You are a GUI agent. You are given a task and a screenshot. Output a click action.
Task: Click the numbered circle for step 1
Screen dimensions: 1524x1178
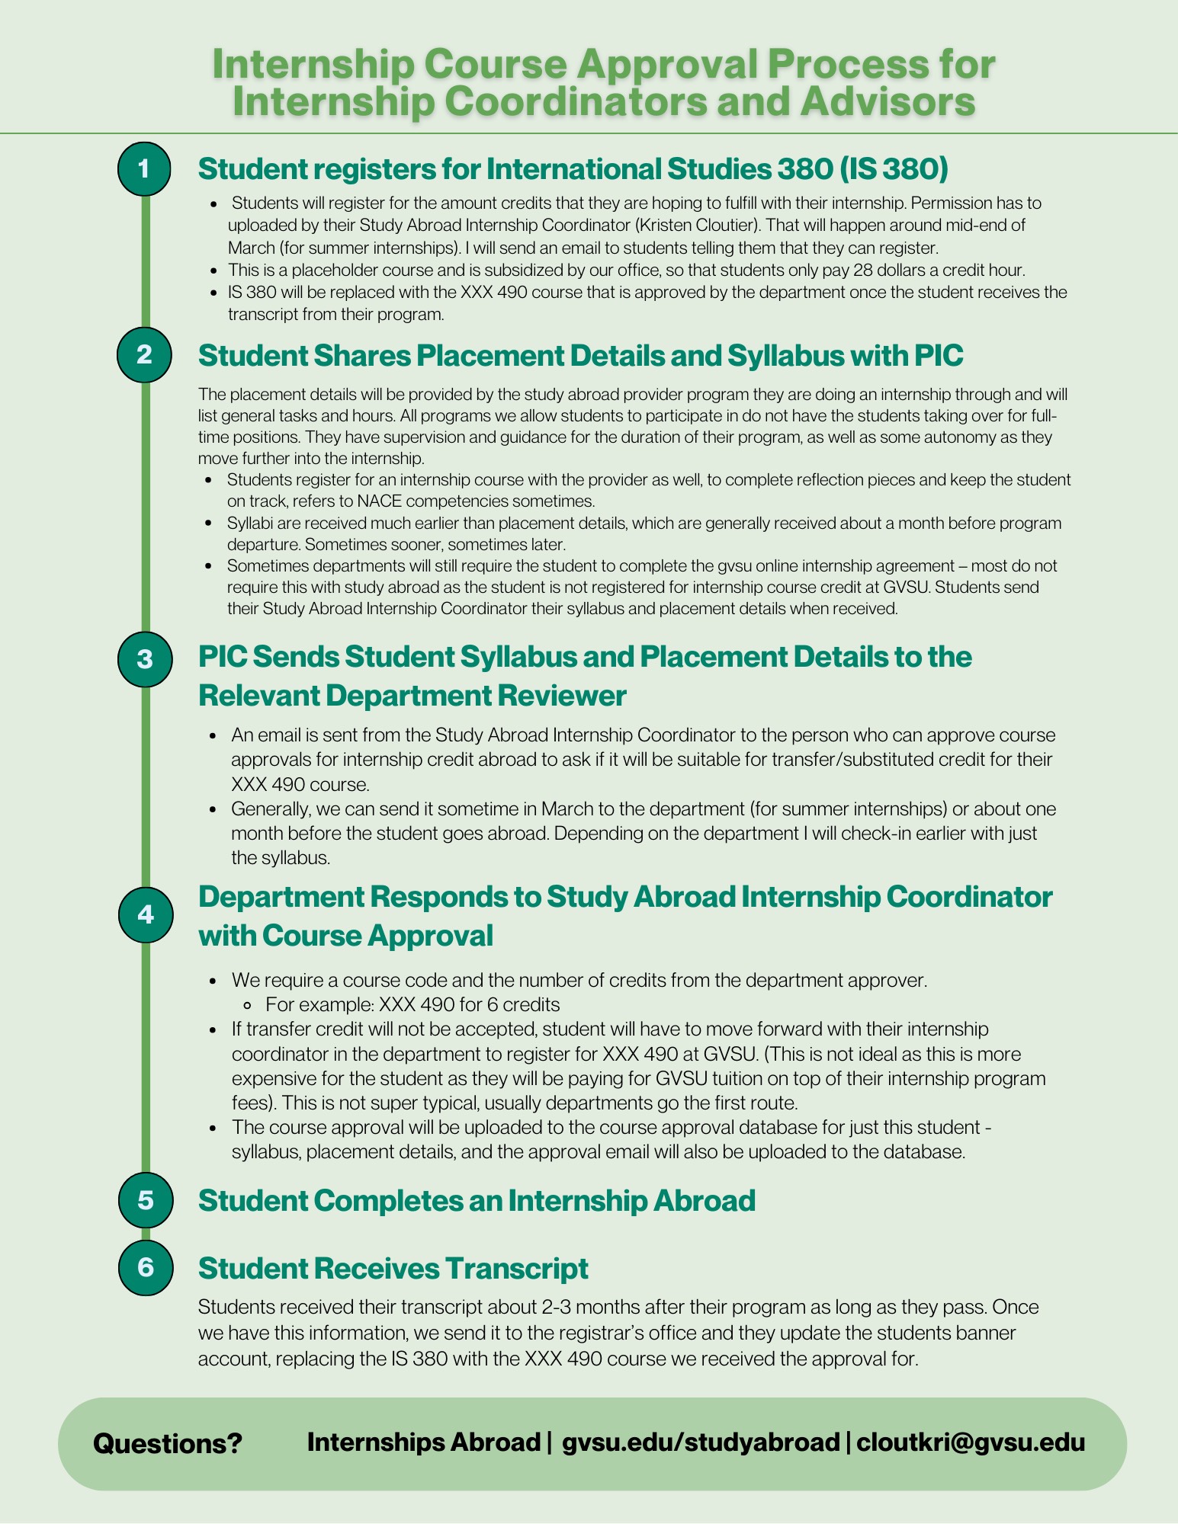pos(145,168)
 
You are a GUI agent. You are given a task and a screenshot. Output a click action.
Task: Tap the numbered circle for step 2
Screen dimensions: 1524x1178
pos(145,354)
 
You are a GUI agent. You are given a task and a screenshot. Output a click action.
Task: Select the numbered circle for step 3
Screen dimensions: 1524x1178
pos(145,659)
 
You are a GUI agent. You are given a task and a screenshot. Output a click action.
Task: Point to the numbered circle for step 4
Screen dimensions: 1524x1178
pos(145,914)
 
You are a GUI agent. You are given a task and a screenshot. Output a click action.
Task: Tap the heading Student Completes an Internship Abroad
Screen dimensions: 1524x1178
pos(477,1201)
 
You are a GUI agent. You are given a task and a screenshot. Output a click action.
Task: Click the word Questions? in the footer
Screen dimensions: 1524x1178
pos(167,1443)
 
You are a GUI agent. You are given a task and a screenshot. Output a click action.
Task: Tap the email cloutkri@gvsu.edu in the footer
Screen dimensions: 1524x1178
pos(971,1442)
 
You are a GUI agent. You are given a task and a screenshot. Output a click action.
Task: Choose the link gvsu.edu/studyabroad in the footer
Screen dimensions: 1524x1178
pos(700,1442)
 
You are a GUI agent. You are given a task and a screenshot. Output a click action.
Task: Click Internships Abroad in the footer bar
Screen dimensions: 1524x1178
pos(423,1442)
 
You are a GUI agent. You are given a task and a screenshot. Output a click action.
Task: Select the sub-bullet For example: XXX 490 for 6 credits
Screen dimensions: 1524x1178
pos(412,1004)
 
